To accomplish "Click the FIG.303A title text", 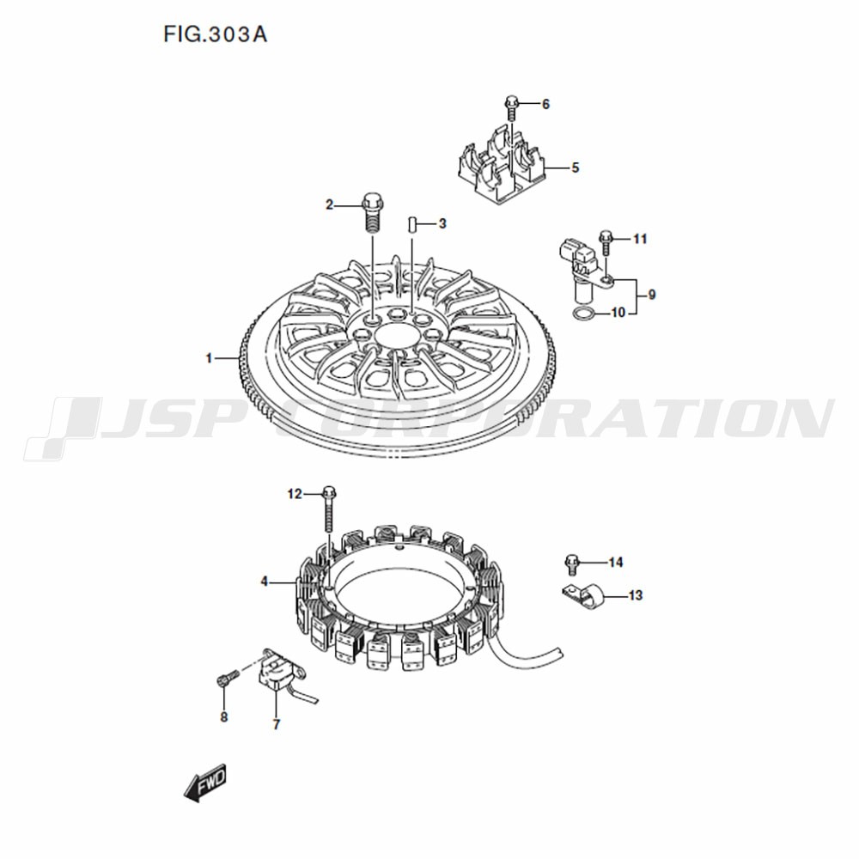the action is [215, 34].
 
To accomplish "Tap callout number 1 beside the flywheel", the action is [209, 358].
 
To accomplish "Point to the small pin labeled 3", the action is [412, 224].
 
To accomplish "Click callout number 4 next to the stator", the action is [264, 582].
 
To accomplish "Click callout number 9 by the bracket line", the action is [652, 295].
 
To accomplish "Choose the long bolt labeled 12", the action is [329, 509].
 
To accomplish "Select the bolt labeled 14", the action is [571, 564].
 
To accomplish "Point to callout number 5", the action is [576, 168].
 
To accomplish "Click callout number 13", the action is [636, 595].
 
